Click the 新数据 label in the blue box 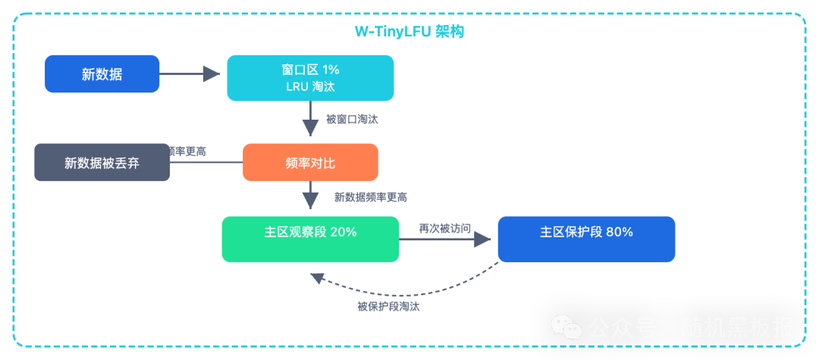click(102, 74)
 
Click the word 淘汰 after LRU click(323, 86)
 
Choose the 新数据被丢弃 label click(102, 163)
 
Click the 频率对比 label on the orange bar click(310, 163)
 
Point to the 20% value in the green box click(344, 232)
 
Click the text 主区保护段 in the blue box click(571, 232)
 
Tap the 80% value click(620, 232)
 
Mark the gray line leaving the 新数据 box click(182, 74)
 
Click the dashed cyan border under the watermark click(667, 351)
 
